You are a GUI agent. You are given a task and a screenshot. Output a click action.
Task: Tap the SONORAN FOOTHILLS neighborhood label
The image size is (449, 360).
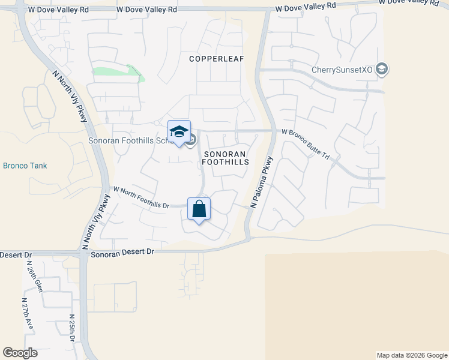point(224,158)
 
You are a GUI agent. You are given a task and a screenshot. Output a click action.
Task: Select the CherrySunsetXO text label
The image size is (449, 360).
point(342,70)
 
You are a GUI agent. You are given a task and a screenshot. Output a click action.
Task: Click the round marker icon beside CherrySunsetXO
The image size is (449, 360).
point(381,70)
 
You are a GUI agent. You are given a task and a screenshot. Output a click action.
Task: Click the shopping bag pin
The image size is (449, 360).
point(199,209)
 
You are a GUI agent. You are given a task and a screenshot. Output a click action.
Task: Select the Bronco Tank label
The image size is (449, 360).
point(25,166)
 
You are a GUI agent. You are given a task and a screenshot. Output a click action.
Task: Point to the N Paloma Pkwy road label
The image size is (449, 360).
point(262,182)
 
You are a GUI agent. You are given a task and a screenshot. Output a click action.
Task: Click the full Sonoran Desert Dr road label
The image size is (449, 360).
point(122,254)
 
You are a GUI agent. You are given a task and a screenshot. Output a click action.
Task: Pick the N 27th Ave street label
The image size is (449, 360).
point(28,313)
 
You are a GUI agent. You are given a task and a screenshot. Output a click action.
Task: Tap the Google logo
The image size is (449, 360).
point(20,353)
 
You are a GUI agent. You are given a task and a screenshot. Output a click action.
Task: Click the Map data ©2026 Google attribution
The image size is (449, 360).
point(412,355)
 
